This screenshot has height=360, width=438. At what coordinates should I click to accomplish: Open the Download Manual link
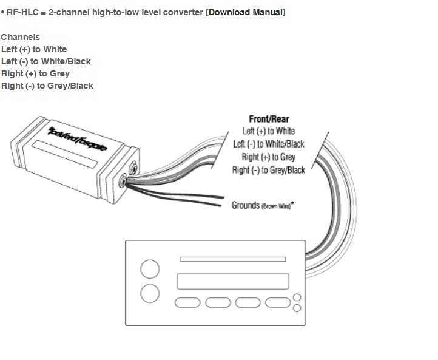tap(246, 12)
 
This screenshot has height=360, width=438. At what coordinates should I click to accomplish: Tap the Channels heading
tap(20, 37)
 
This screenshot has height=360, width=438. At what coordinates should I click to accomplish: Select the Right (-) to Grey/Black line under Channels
tap(47, 86)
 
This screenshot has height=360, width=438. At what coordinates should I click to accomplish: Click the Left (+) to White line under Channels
tap(34, 49)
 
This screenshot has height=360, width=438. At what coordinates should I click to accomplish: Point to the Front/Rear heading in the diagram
tap(269, 119)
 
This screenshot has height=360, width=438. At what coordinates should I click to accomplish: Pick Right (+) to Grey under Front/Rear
tap(269, 157)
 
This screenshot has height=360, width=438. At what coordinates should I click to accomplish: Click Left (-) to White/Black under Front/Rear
tap(269, 144)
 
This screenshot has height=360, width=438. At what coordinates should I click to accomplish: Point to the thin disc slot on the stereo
tap(232, 259)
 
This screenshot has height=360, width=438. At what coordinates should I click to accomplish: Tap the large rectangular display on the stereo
tap(232, 282)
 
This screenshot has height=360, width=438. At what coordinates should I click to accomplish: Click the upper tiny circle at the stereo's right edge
tap(297, 297)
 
